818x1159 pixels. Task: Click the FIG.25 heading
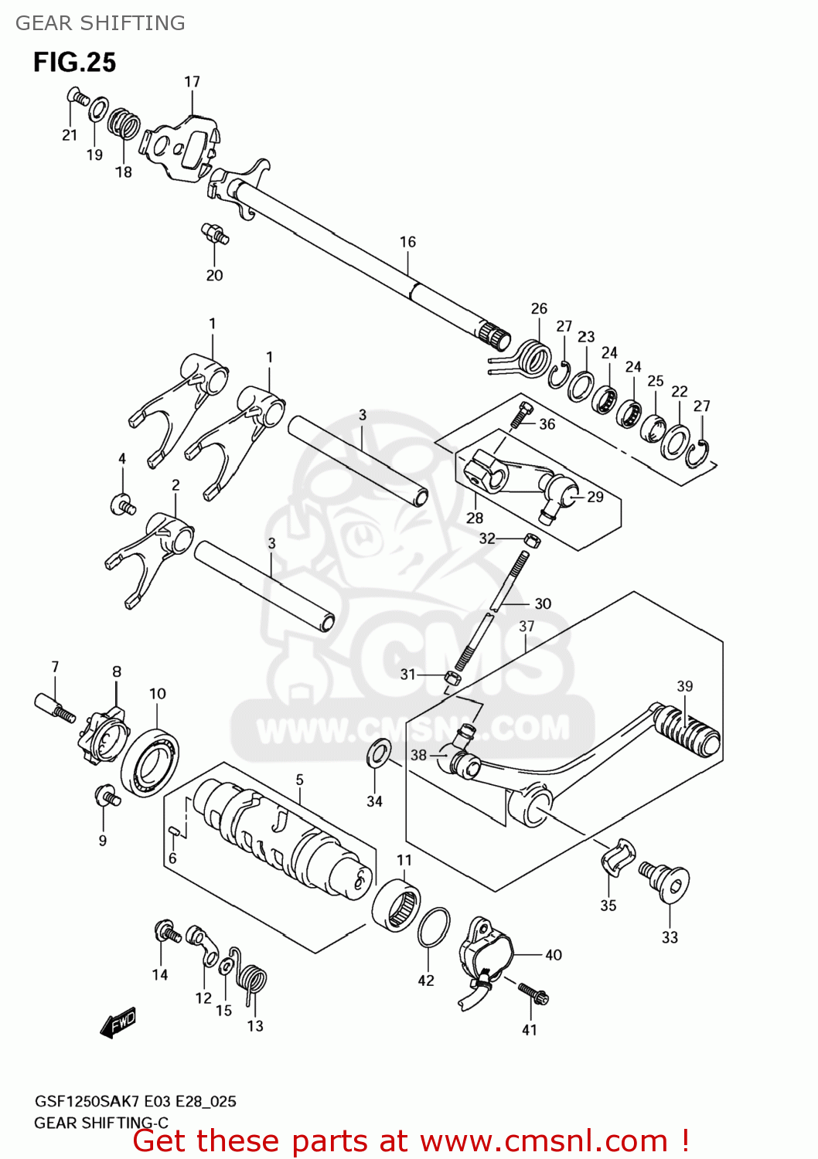pyautogui.click(x=74, y=62)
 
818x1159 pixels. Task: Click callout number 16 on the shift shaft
pyautogui.click(x=407, y=242)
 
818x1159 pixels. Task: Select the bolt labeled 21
pyautogui.click(x=78, y=97)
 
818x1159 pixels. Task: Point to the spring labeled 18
pyautogui.click(x=124, y=124)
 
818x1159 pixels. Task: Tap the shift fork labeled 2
pyautogui.click(x=155, y=549)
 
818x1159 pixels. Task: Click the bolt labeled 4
pyautogui.click(x=122, y=505)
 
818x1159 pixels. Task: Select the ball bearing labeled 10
pyautogui.click(x=151, y=763)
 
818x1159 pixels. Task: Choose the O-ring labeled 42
pyautogui.click(x=434, y=928)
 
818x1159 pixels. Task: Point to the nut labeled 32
pyautogui.click(x=531, y=540)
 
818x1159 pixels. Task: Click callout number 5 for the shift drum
pyautogui.click(x=299, y=780)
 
